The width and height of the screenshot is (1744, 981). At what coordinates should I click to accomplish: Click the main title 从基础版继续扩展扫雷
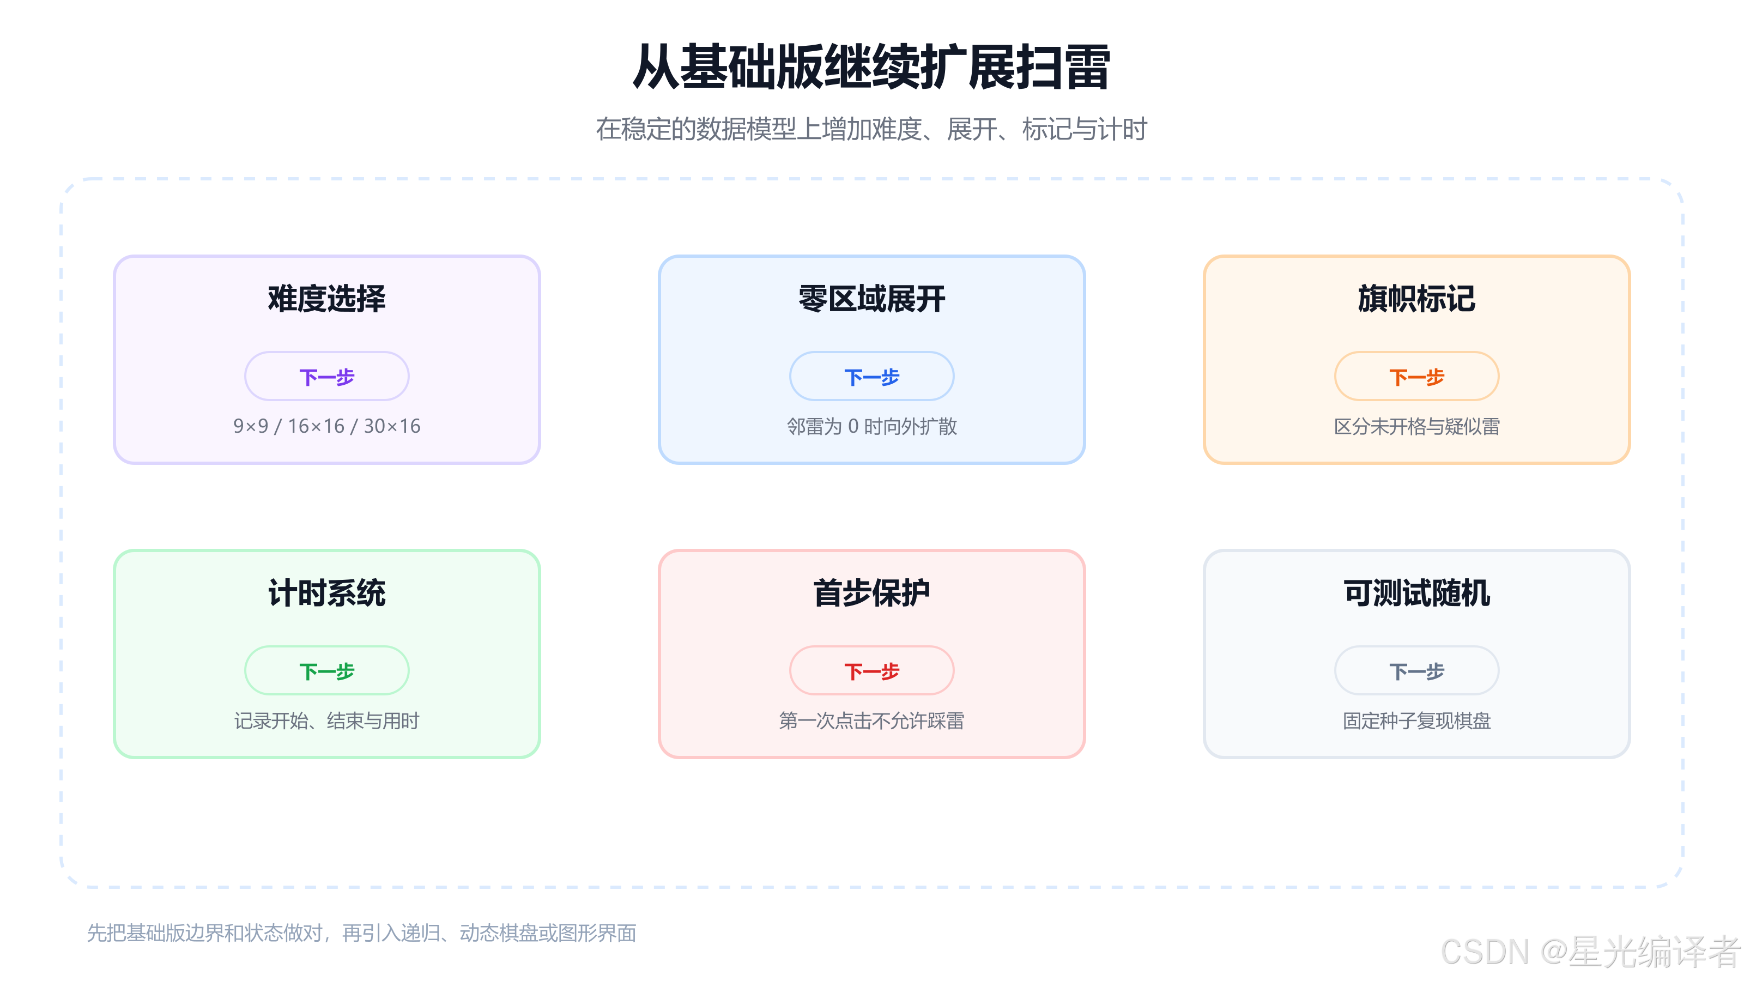[x=871, y=66]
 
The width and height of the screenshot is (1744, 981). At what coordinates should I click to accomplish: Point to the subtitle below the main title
[x=871, y=129]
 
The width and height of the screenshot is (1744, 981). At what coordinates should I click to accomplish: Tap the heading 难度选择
[x=327, y=299]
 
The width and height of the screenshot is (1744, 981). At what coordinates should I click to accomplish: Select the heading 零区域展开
[x=871, y=299]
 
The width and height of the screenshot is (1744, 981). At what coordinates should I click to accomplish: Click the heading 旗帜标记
[x=1416, y=299]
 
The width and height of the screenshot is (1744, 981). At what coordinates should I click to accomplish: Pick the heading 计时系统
[x=327, y=593]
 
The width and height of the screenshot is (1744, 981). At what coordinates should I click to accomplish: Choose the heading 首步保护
[x=871, y=593]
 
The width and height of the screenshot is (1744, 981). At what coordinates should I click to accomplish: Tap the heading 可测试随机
[x=1416, y=593]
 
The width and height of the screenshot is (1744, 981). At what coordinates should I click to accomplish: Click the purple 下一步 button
[x=327, y=377]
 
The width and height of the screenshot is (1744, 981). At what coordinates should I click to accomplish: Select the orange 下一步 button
[x=1416, y=377]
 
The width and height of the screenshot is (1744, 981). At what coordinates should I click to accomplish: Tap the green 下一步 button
[x=327, y=670]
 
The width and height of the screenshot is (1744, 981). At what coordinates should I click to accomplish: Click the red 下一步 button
[x=871, y=670]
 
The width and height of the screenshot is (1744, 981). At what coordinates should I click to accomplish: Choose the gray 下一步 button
[x=1416, y=670]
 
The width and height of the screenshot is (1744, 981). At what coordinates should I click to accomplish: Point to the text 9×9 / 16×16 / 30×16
[x=327, y=426]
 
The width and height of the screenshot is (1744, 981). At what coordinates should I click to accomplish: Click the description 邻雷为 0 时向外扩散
[x=871, y=426]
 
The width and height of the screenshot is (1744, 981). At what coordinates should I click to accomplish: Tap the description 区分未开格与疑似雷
[x=1416, y=426]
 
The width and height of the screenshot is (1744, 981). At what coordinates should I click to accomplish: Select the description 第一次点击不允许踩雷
[x=871, y=720]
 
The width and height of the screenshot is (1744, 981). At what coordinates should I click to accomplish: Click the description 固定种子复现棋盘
[x=1416, y=720]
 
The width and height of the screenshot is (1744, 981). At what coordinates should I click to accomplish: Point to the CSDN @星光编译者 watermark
[x=1590, y=952]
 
